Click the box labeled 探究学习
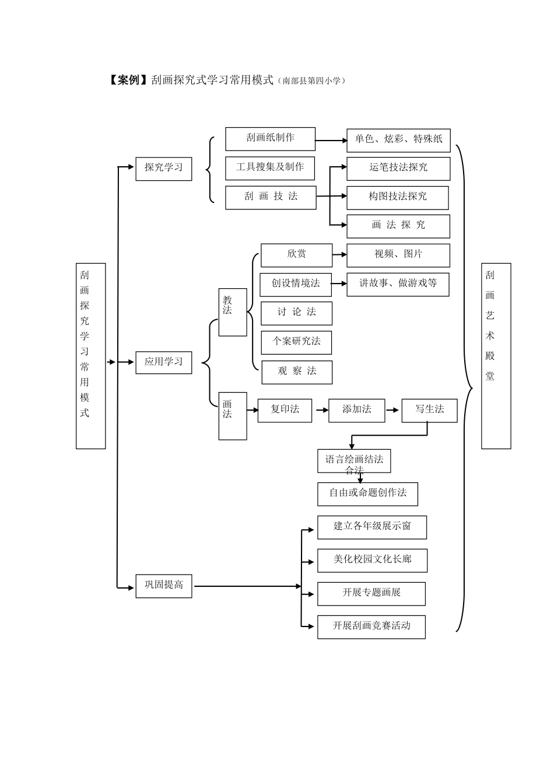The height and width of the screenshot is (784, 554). (x=163, y=168)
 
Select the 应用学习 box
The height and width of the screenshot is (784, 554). (x=163, y=362)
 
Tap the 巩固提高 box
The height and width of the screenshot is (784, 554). (x=163, y=586)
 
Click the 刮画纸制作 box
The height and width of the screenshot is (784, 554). (x=270, y=139)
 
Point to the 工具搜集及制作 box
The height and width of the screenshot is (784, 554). (x=270, y=168)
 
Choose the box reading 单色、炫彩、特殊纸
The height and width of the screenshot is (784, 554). (x=398, y=140)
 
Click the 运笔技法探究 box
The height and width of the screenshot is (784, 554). (x=398, y=168)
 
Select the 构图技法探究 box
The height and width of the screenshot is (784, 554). (x=397, y=197)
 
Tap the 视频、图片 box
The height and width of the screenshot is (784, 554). (x=398, y=255)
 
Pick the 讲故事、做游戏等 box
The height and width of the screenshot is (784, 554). (x=398, y=284)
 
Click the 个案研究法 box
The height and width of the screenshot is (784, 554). (x=296, y=342)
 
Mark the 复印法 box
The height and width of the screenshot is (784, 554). (x=285, y=410)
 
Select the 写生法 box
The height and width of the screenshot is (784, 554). (x=429, y=410)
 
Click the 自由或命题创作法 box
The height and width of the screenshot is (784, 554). (x=367, y=494)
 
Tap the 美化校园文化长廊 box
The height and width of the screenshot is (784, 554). (x=372, y=560)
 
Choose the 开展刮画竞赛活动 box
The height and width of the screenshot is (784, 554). (x=371, y=626)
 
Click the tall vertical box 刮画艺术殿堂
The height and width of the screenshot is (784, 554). (x=496, y=356)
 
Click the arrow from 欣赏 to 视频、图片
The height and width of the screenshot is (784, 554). (x=339, y=255)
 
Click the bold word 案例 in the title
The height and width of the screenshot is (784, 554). (x=128, y=80)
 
